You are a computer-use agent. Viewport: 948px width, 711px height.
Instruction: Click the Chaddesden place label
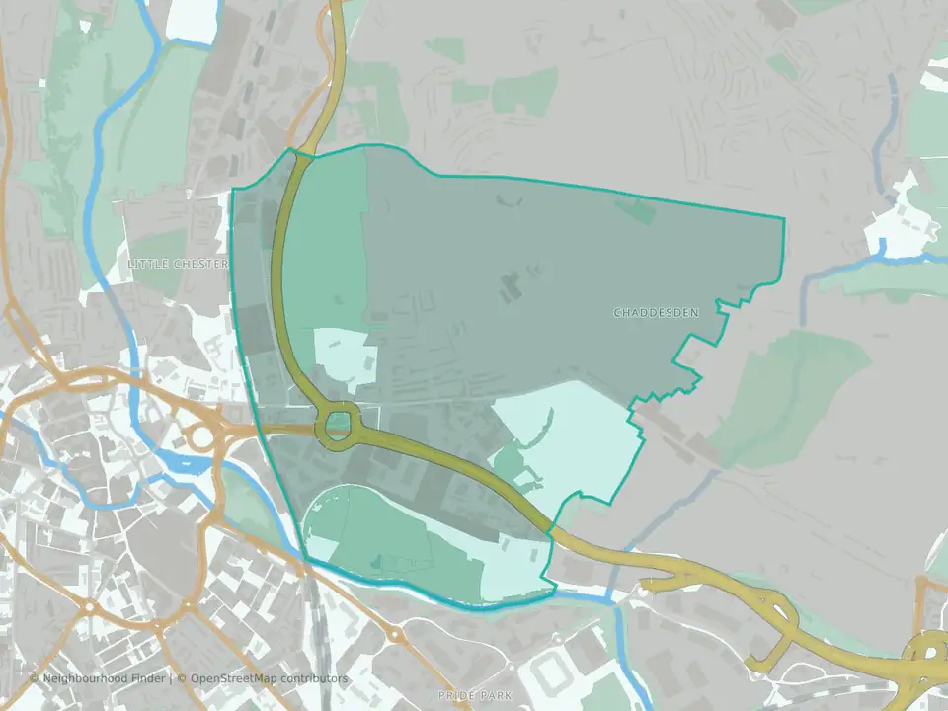[656, 313]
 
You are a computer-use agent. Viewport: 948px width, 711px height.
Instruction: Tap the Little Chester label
[178, 265]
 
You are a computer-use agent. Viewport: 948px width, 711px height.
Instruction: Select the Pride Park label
[476, 696]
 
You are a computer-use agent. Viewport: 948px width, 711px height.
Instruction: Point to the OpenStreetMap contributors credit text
[269, 678]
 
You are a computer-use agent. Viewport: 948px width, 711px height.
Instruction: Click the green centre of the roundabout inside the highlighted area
[338, 427]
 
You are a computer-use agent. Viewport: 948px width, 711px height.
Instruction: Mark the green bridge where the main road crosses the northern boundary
[304, 153]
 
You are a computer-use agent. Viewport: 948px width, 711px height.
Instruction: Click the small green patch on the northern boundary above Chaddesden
[636, 209]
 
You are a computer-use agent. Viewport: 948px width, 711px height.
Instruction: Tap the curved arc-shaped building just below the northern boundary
[510, 201]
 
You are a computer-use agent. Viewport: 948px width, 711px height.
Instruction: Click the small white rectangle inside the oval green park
[323, 548]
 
